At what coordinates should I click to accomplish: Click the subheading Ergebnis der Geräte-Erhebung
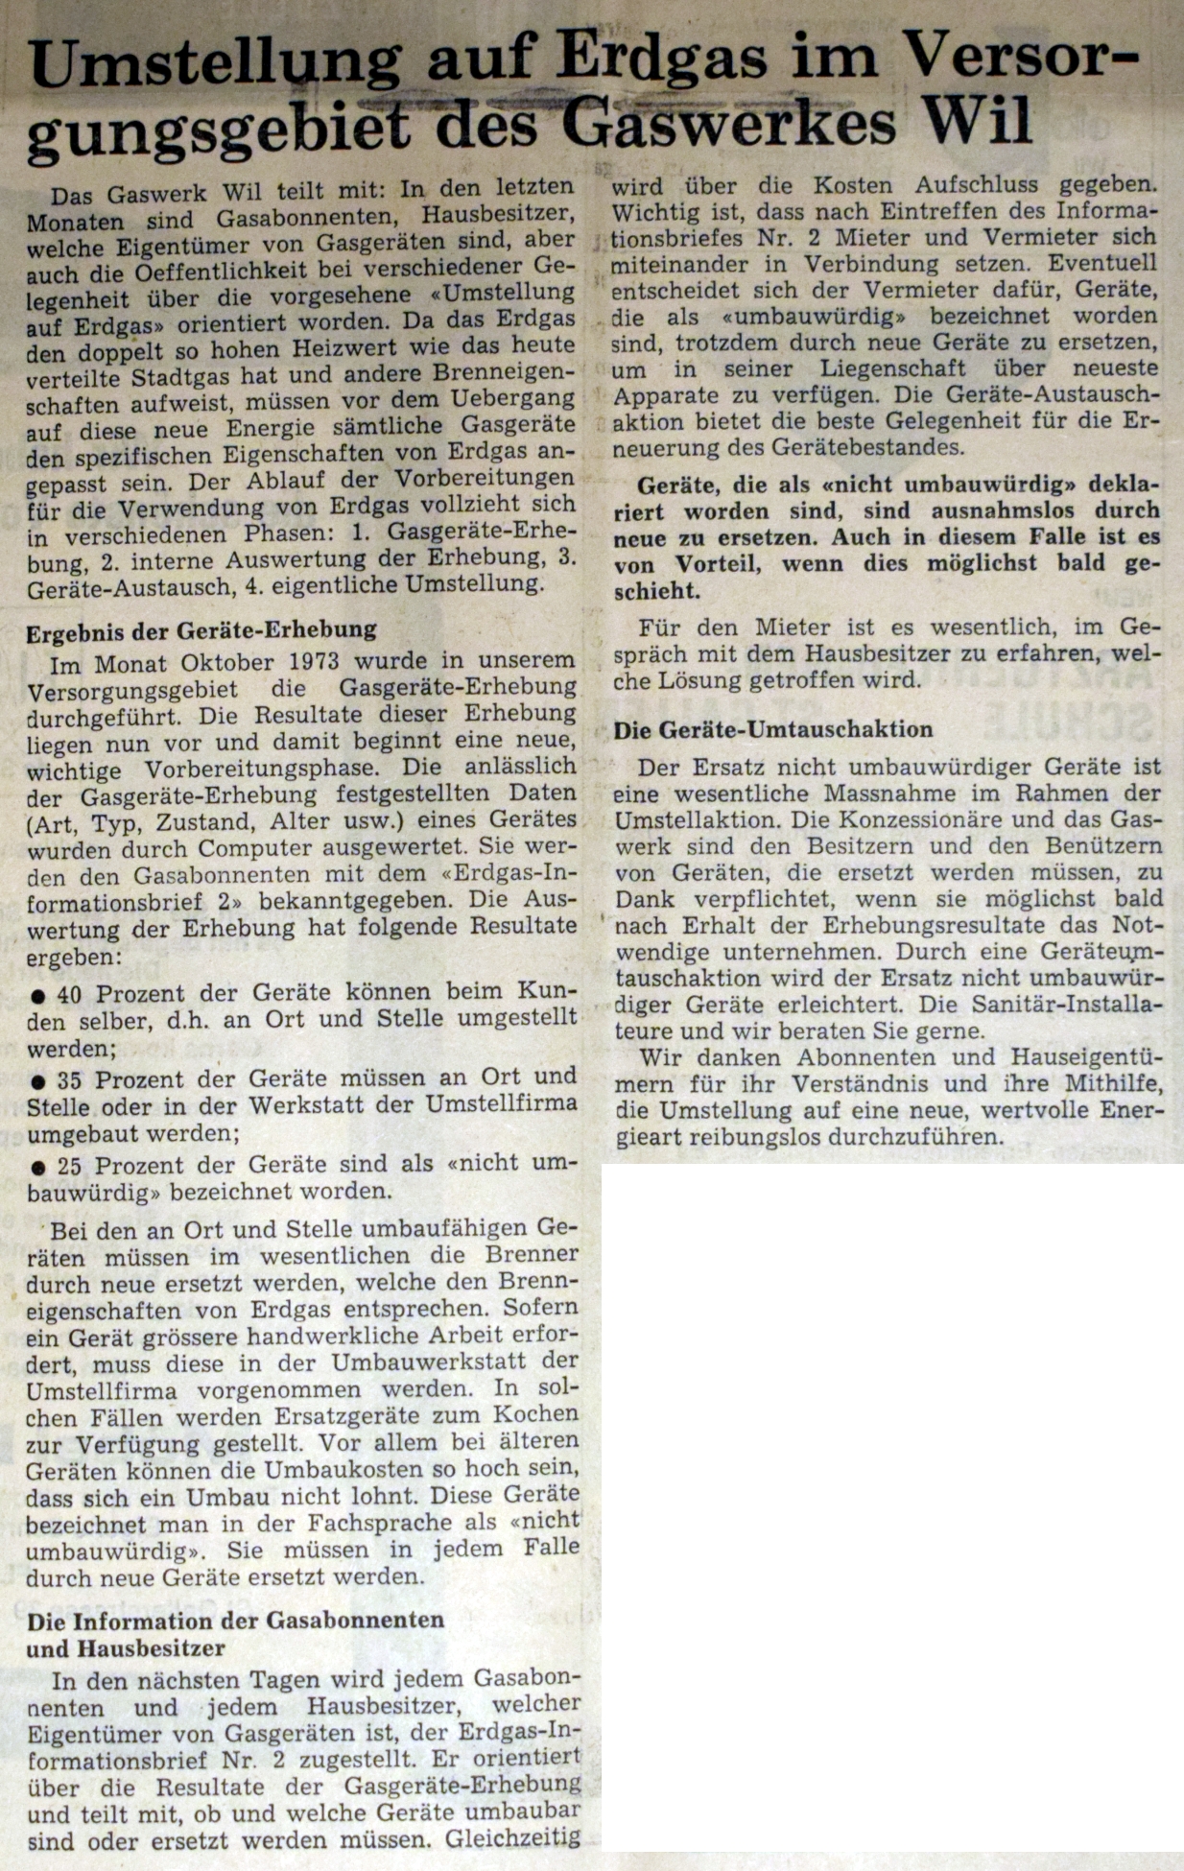tap(201, 630)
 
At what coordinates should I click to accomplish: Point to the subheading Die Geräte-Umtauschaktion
tap(772, 729)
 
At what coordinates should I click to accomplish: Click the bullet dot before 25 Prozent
tap(36, 1168)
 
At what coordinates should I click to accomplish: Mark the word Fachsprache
tap(376, 1523)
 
